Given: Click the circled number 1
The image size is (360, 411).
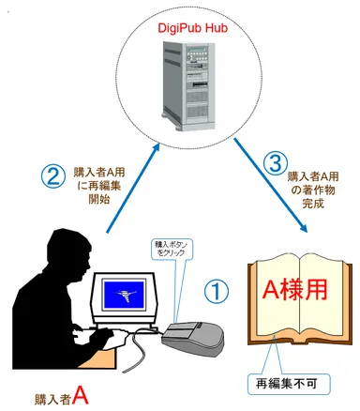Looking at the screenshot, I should tap(216, 292).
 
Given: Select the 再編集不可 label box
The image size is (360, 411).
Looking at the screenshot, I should tap(285, 383).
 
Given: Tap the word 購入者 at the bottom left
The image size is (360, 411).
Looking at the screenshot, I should tap(51, 396).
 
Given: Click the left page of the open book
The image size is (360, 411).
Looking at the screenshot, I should tap(271, 300).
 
